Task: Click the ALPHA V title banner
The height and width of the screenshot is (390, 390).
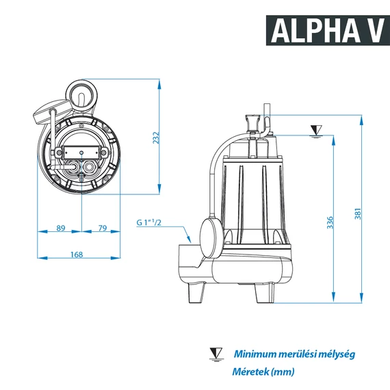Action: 324,29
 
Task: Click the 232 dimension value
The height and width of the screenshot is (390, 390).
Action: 156,137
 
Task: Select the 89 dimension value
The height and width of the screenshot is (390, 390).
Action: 60,228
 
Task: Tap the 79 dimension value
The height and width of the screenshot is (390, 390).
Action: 102,228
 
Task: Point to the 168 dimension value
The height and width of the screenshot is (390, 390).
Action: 77,255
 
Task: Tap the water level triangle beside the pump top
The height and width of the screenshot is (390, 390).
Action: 315,130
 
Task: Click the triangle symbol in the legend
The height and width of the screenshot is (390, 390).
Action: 216,353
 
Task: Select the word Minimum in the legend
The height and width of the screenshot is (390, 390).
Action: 255,354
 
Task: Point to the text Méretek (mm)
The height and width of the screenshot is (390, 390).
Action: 263,372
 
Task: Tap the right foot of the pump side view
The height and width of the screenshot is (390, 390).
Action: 263,292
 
